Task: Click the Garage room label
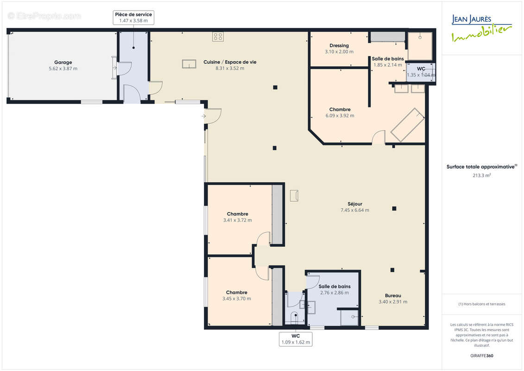coord(63,62)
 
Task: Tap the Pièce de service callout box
coord(133,18)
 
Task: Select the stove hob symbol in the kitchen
coord(218,37)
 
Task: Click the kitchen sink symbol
coord(189,64)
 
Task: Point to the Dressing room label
coord(339,45)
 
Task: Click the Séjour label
coord(355,204)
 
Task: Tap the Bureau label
coord(393,295)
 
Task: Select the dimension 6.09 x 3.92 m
coord(340,116)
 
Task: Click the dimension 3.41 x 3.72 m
coord(238,220)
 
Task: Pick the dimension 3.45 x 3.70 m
coord(237,299)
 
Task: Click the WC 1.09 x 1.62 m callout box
coord(296,339)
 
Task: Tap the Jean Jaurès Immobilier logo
coord(481,28)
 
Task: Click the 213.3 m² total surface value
coord(481,175)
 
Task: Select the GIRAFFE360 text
coord(481,356)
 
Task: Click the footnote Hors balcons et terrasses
coord(481,304)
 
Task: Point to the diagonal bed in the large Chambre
coord(408,125)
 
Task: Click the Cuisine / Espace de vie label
coord(230,62)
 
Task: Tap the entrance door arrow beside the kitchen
coord(203,116)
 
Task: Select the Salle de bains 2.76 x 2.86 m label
coord(335,289)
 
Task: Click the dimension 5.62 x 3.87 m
coord(63,69)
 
